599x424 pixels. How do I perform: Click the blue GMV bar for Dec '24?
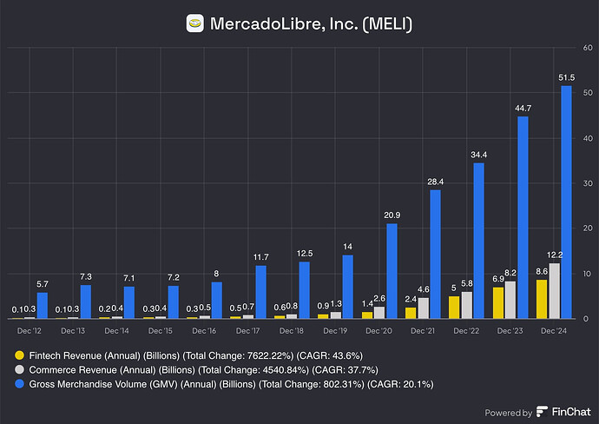tap(566, 202)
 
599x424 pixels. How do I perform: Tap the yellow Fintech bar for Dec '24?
tap(542, 299)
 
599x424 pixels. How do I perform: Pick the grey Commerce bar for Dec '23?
tap(510, 299)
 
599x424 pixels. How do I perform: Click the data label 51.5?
tap(566, 77)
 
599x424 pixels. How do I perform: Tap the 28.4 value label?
tap(436, 182)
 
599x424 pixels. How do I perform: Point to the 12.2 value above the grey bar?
tap(554, 255)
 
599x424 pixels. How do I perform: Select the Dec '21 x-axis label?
tap(423, 332)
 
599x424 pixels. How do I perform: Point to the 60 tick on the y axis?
tap(587, 49)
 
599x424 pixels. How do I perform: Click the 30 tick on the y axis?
tap(587, 183)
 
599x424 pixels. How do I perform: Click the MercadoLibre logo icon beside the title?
tap(196, 23)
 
